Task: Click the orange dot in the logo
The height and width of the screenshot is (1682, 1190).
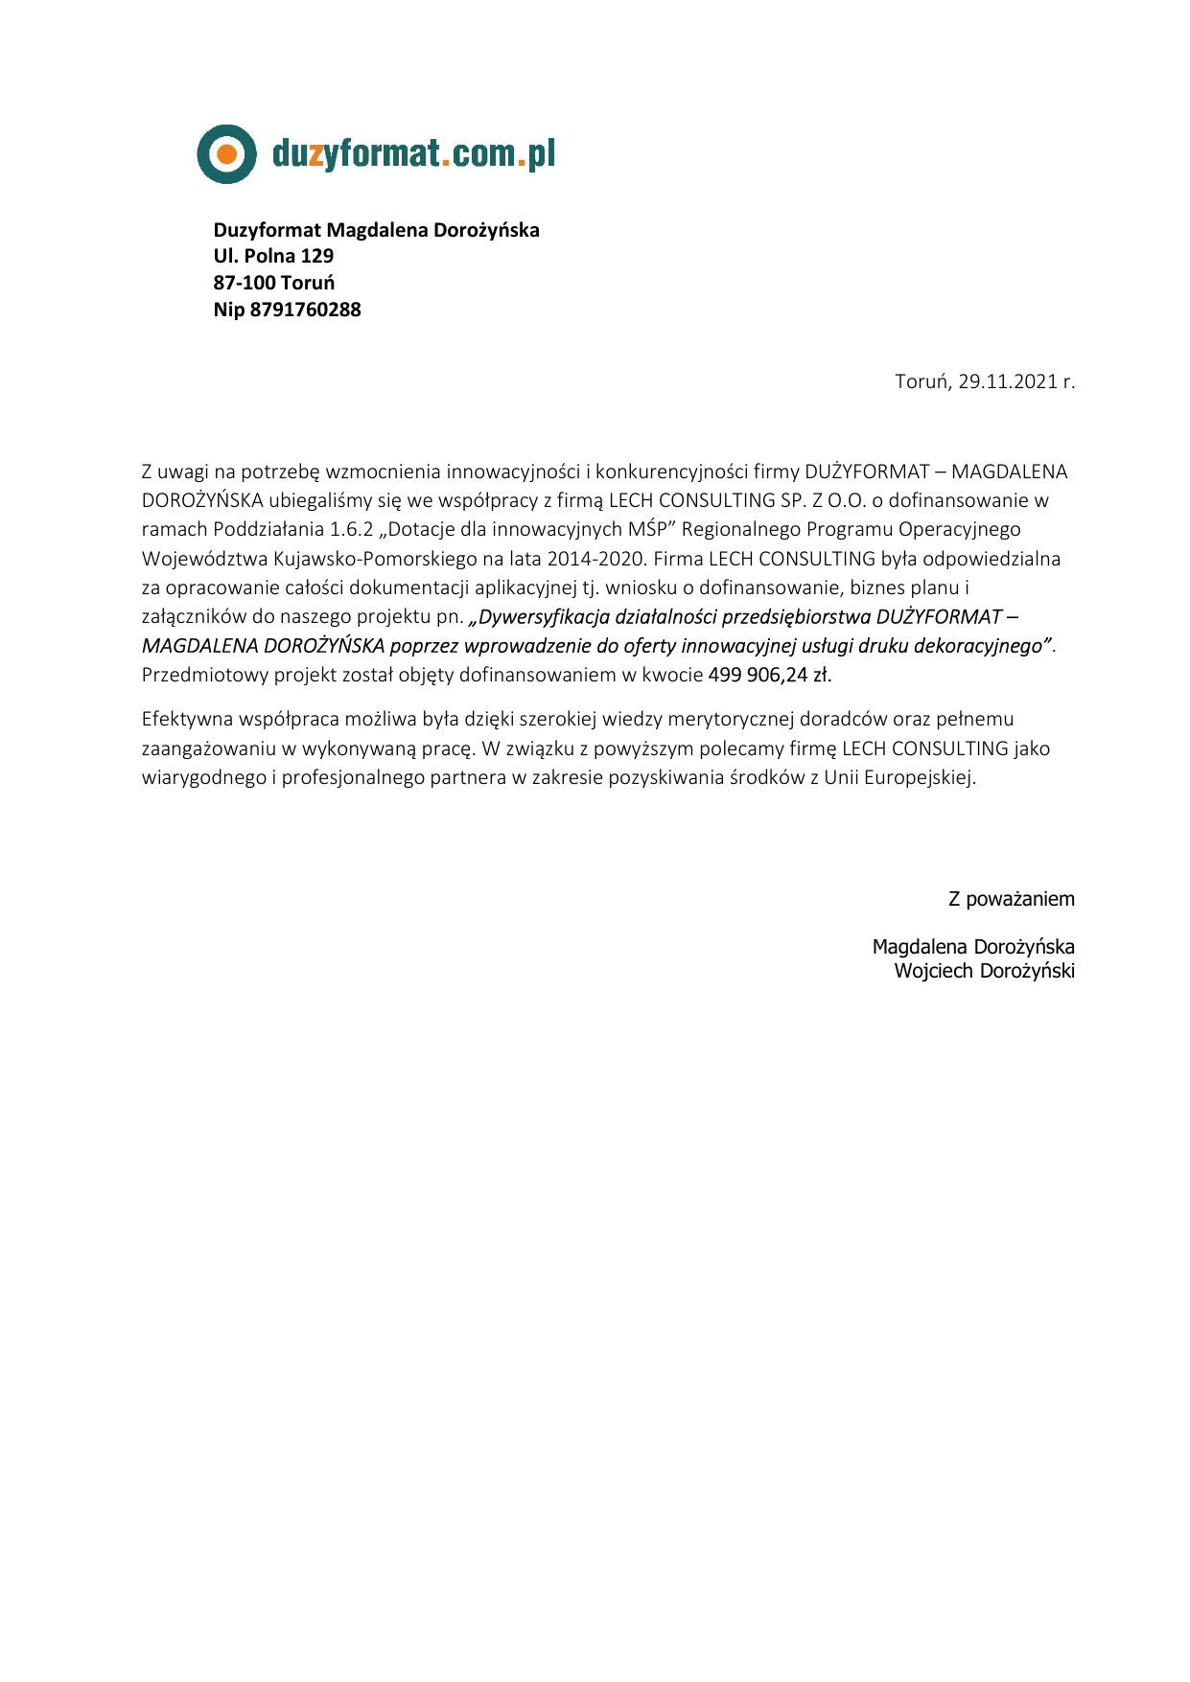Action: tap(226, 153)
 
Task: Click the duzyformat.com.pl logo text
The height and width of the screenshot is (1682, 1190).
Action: tap(413, 153)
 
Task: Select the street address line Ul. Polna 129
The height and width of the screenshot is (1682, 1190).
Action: tap(273, 256)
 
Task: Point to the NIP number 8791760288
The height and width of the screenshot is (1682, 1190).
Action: tap(305, 310)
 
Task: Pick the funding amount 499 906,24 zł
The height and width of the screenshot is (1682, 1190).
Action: tap(770, 675)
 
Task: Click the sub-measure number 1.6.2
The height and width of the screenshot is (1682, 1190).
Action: tap(351, 529)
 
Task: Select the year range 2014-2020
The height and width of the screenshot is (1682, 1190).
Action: tap(595, 559)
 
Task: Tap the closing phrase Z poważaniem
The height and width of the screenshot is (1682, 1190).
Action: tap(1011, 899)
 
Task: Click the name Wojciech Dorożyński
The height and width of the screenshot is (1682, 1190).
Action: tap(984, 971)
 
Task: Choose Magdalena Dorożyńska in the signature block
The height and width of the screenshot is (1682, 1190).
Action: tap(972, 947)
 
